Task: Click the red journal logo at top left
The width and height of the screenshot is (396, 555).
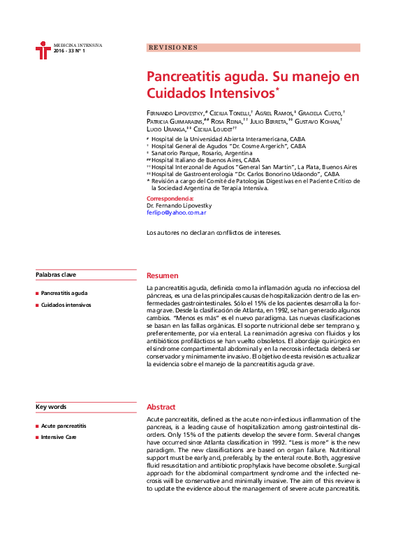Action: click(43, 50)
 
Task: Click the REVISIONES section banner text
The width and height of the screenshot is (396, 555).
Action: click(173, 48)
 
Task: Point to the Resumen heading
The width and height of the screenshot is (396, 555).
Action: click(162, 276)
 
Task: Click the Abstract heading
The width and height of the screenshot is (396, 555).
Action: click(161, 407)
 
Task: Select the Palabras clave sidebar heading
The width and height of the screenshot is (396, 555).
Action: click(55, 275)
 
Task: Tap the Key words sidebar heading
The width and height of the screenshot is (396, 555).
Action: click(51, 407)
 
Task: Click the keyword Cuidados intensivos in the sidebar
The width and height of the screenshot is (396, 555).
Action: click(66, 305)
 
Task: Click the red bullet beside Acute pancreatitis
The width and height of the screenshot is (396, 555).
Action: click(37, 426)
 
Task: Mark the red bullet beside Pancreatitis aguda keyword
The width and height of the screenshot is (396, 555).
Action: click(37, 294)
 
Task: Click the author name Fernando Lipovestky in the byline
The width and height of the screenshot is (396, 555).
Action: click(175, 113)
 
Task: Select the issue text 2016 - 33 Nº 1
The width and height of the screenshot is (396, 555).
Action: click(69, 52)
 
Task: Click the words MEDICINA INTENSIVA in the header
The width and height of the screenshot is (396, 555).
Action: click(78, 45)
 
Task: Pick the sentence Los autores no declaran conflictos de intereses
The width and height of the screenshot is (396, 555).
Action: click(214, 232)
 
